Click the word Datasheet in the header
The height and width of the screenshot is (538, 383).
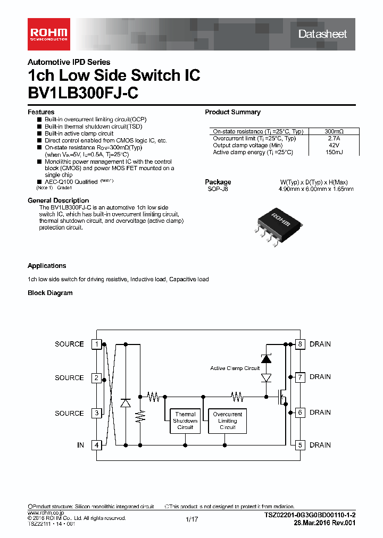(322, 34)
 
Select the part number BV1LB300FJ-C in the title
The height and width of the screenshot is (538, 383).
(83, 93)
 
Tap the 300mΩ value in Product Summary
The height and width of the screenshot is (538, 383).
(334, 131)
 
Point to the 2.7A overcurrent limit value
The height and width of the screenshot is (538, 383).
(334, 138)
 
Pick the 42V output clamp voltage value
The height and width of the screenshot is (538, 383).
(334, 145)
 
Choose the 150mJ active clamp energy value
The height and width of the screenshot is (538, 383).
(334, 152)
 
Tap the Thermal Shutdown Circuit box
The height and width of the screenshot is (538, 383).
(185, 421)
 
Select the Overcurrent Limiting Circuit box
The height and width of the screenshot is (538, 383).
(227, 421)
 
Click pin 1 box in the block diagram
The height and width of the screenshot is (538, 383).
(97, 344)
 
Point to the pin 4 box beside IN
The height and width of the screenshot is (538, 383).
(97, 445)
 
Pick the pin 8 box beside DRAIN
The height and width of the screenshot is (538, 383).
(300, 344)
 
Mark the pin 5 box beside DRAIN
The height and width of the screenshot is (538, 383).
(300, 445)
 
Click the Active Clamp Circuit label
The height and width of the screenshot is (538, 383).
(235, 368)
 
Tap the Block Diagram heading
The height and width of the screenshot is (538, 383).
(50, 293)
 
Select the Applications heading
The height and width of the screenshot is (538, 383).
(47, 266)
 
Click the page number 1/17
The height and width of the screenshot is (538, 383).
(191, 519)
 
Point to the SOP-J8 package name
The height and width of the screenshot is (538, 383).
(217, 189)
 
